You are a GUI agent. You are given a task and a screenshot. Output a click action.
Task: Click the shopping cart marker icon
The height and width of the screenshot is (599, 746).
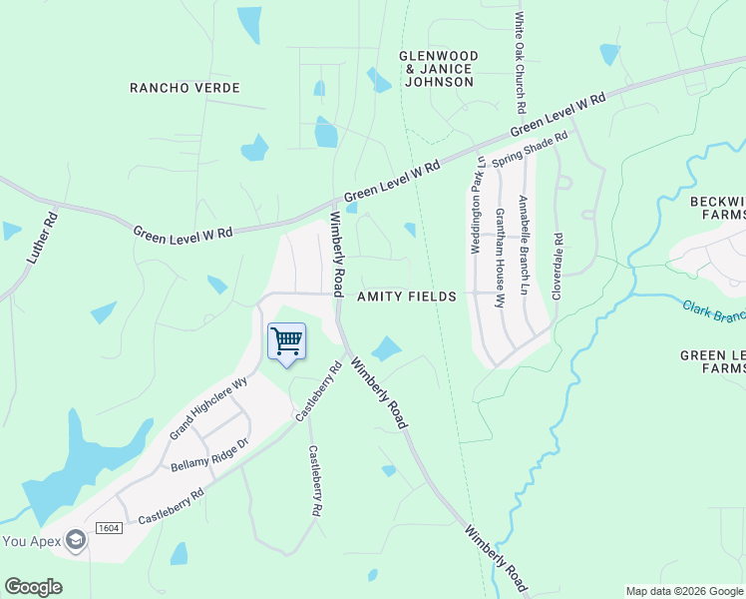click(286, 341)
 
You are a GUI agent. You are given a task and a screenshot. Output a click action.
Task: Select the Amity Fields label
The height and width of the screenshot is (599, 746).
click(407, 297)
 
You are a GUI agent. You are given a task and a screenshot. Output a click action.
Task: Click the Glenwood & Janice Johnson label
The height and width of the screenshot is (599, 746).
click(439, 69)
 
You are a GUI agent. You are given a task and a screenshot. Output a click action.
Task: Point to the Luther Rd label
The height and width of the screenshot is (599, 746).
click(41, 239)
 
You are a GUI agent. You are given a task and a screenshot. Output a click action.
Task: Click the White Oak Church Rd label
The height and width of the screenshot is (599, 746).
click(520, 63)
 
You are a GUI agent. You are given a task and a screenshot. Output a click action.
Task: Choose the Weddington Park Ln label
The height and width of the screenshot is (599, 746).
click(478, 204)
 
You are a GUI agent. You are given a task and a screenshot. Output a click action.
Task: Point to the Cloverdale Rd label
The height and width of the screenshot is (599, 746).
click(559, 267)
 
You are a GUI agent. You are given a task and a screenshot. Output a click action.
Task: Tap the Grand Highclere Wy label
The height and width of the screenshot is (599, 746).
click(208, 408)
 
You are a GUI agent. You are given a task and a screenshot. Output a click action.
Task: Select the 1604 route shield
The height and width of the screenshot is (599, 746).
click(109, 527)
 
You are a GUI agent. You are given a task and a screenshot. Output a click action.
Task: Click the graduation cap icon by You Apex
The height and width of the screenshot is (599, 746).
click(75, 541)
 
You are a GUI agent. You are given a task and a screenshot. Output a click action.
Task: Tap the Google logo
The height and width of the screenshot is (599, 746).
click(33, 587)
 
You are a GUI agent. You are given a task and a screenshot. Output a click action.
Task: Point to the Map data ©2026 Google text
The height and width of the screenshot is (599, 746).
click(683, 591)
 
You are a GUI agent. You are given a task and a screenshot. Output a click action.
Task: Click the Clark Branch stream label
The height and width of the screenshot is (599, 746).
click(714, 311)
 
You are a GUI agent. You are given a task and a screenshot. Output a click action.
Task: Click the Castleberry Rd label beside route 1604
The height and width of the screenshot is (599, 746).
click(171, 506)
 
